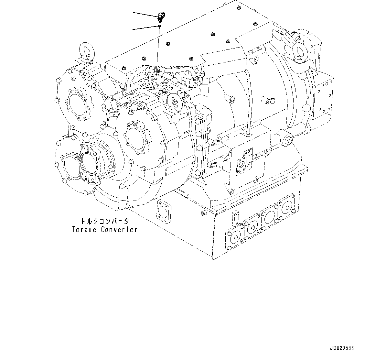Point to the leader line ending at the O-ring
point(145,27)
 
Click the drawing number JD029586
point(342,348)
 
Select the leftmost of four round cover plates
point(234,238)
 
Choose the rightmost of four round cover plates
point(286,205)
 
